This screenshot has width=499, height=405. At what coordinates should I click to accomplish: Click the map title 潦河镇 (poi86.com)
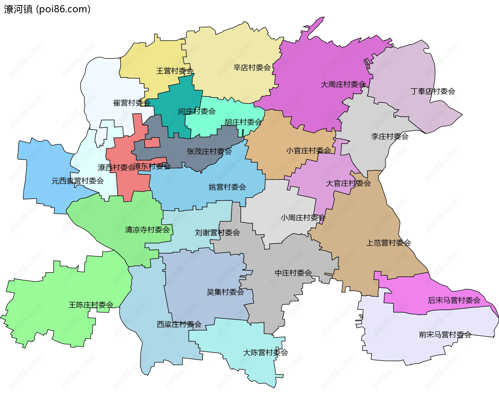[x=47, y=9]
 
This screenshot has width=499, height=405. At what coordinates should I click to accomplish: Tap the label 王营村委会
[x=175, y=71]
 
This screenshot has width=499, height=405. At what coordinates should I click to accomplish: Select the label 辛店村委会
[x=252, y=68]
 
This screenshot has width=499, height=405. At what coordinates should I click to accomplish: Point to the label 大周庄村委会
[x=343, y=84]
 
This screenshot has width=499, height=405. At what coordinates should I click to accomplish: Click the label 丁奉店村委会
[x=433, y=91]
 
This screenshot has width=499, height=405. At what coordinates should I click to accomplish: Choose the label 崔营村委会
[x=132, y=103]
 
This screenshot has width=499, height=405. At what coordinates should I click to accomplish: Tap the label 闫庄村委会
[x=197, y=111]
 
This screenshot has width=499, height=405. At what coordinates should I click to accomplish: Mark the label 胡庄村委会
[x=243, y=122]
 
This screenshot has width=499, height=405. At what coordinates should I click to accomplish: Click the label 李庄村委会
[x=390, y=136]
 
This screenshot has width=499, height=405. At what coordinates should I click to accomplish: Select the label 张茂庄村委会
[x=209, y=151]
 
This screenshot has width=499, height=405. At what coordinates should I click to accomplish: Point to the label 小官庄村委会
[x=308, y=151]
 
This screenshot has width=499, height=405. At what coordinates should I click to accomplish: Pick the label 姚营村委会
[x=227, y=187]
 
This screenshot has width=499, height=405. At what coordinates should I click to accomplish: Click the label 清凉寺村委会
[x=147, y=230]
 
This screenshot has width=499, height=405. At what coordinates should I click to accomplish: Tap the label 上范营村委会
[x=388, y=243]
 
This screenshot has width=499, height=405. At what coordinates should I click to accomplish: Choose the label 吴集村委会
[x=225, y=292]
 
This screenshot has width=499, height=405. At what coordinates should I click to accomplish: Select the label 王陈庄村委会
[x=91, y=305]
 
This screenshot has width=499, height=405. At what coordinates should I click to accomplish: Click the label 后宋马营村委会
[x=454, y=301]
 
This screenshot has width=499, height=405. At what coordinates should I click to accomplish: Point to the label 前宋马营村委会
[x=445, y=335]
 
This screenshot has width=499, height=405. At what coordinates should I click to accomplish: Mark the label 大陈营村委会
[x=265, y=353]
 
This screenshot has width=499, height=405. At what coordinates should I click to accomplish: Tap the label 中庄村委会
[x=293, y=273]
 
